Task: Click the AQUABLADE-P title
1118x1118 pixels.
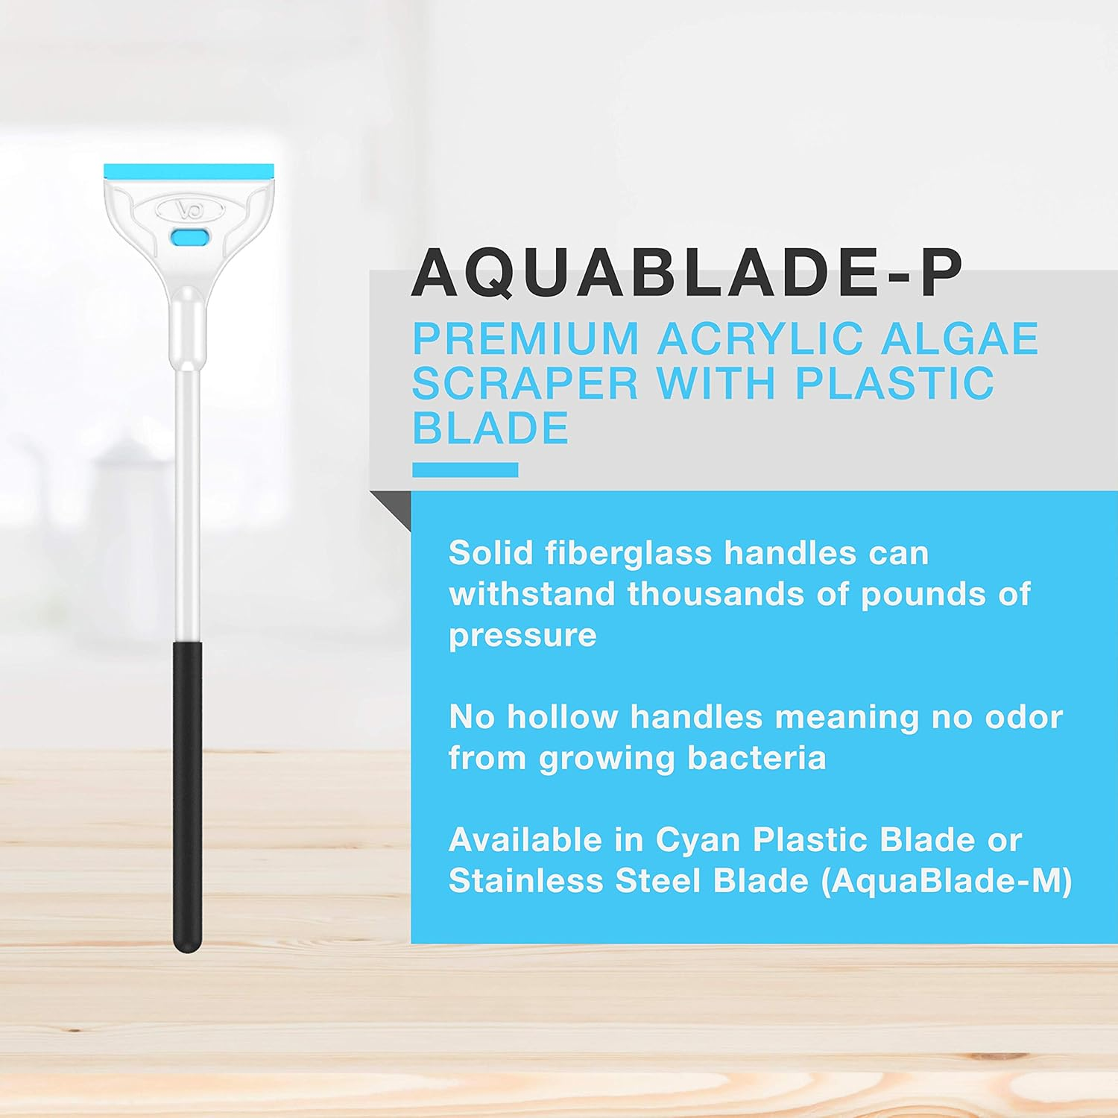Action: click(x=687, y=274)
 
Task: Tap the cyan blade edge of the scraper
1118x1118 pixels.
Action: click(x=189, y=171)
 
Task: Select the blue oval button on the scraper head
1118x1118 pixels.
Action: click(x=190, y=237)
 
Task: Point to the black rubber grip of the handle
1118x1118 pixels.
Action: click(x=187, y=798)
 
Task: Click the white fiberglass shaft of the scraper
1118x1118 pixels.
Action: click(x=186, y=507)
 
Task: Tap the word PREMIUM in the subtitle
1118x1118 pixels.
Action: click(x=525, y=339)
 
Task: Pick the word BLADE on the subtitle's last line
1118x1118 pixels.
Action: click(x=490, y=429)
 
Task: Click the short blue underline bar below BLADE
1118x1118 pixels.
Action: click(x=465, y=470)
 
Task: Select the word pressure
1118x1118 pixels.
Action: click(x=522, y=636)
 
